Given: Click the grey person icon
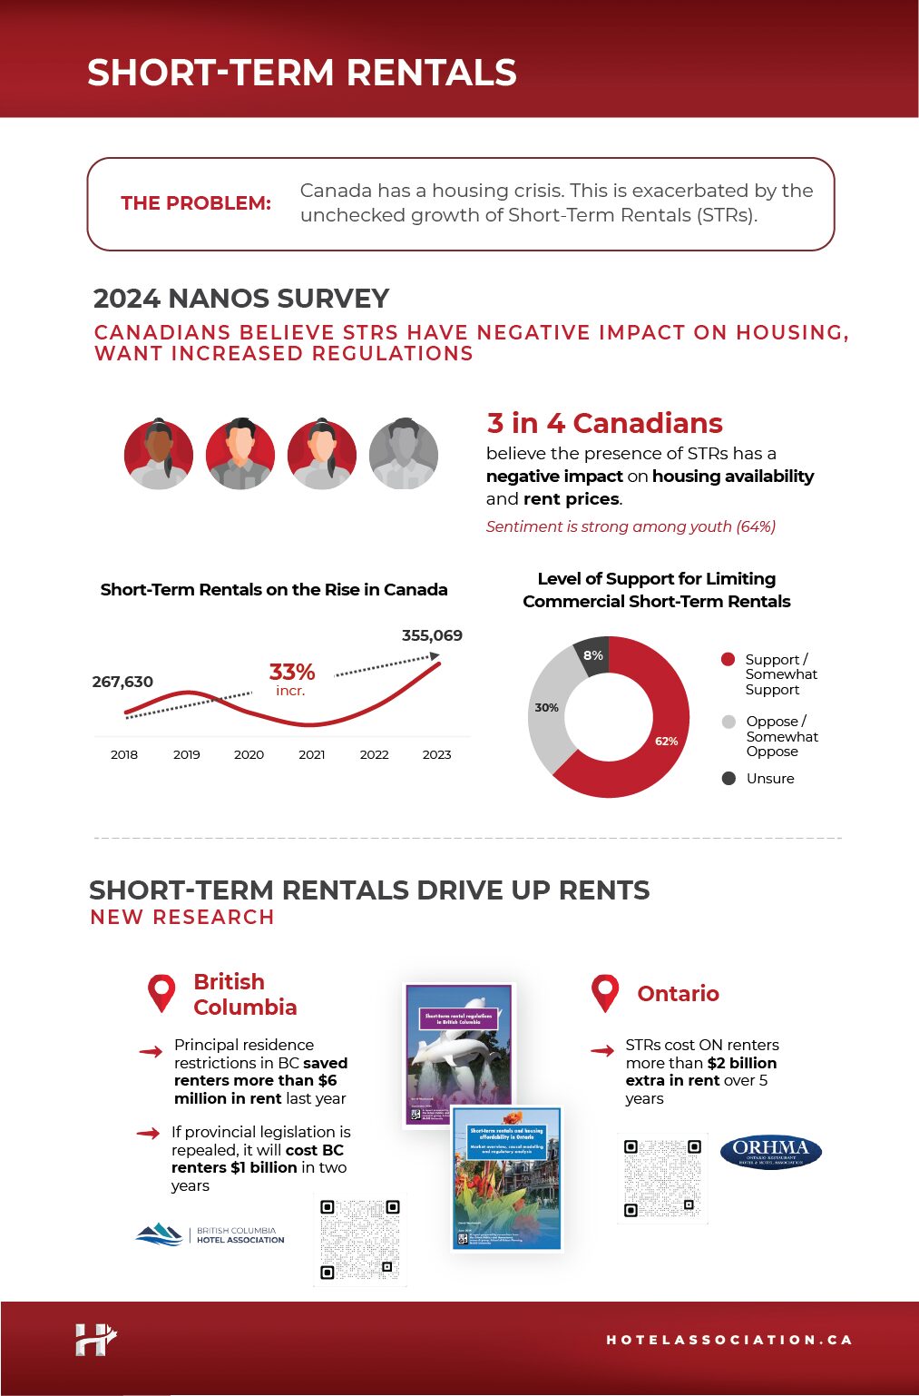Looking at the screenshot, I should point(404,454).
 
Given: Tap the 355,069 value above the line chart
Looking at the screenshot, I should point(432,635).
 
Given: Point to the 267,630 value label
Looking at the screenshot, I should point(122,682).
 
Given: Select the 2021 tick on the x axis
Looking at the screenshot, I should point(311,754).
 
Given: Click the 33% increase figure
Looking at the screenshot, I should point(291,673).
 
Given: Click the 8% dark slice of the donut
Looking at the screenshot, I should point(593,655).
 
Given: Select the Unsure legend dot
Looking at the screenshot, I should point(728,778).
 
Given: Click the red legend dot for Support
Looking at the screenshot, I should point(728,659).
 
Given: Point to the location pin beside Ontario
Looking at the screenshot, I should point(605,992).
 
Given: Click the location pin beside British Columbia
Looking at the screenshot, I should point(161,992).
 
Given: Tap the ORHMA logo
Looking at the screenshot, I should point(770,1152).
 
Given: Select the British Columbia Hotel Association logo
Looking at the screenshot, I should point(210,1234).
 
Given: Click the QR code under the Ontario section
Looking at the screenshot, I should point(662,1177).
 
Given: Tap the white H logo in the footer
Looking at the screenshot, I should point(95,1340).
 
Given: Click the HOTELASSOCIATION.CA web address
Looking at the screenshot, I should point(728,1340).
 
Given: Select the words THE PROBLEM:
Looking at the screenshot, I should point(196,203).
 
